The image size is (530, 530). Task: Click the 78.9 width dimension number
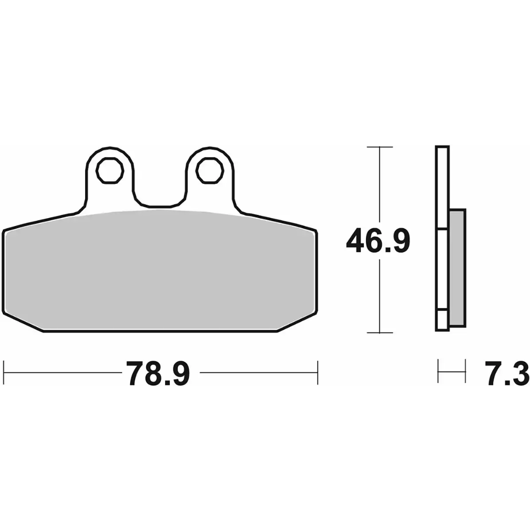158,372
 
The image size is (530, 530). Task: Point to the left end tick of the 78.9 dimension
4,372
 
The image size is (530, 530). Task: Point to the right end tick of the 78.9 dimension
318,372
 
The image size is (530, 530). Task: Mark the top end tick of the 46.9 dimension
380,147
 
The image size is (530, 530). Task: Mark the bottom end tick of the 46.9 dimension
380,333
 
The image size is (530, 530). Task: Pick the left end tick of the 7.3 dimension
438,371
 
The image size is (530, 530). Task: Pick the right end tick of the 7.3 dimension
465,371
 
